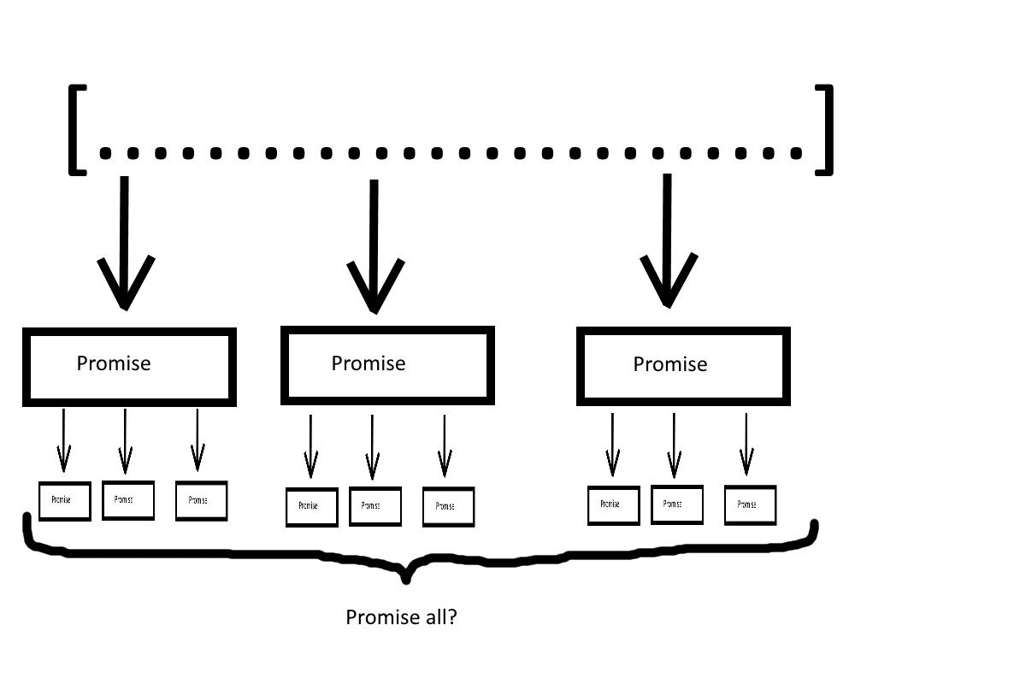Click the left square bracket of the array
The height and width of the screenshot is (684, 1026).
pos(75,130)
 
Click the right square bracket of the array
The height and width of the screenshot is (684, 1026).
pos(826,130)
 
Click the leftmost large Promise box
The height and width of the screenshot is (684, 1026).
pos(128,366)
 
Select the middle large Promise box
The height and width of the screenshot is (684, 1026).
pos(387,365)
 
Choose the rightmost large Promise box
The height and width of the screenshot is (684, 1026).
pos(682,366)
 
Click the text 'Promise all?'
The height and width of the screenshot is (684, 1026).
pos(401,616)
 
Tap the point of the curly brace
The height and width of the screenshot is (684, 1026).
pos(405,578)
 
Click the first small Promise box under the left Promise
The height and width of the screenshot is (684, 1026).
pos(64,500)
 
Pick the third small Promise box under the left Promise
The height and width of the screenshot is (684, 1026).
pos(201,500)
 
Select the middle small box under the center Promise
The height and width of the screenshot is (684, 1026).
pos(374,506)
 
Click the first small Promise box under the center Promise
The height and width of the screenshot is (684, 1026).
pos(311,507)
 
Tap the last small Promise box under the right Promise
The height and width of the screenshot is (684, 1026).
pos(750,504)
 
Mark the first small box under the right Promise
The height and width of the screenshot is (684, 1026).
pos(613,504)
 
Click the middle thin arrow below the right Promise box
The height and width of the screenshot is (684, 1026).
pos(674,445)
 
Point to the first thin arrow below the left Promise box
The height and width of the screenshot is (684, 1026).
pos(62,440)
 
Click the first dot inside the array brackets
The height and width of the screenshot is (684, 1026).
pos(106,153)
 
